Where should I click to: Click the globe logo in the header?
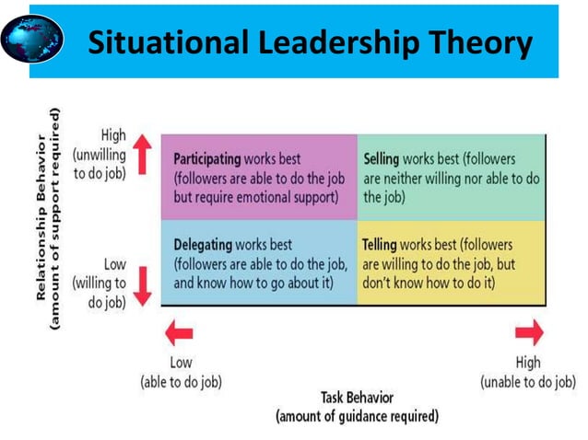pyautogui.click(x=33, y=40)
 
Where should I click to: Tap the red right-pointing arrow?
pyautogui.click(x=530, y=333)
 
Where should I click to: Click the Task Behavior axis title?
pyautogui.click(x=358, y=398)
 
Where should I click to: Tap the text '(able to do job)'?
pyautogui.click(x=181, y=381)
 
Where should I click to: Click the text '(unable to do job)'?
pyautogui.click(x=528, y=381)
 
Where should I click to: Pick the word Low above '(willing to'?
pyautogui.click(x=114, y=265)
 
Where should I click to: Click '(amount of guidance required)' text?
pyautogui.click(x=358, y=416)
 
